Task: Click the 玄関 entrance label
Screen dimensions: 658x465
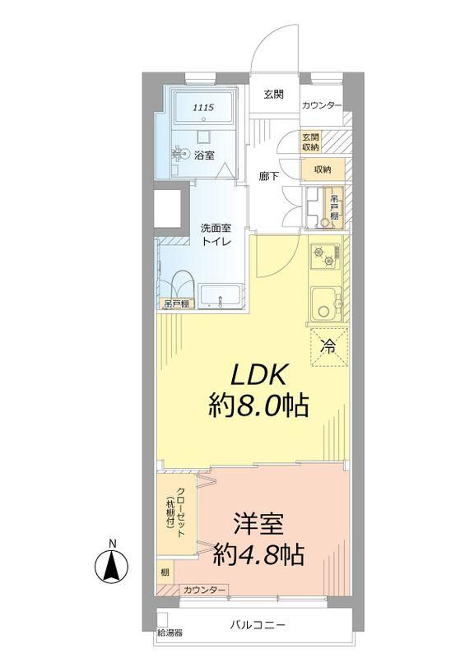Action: [274, 95]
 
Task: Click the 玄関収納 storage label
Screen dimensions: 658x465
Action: [310, 141]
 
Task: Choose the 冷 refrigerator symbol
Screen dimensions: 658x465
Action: [328, 346]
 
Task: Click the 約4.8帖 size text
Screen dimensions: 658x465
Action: [258, 554]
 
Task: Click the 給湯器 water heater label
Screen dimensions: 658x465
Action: [170, 634]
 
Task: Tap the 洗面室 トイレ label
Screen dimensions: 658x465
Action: [216, 234]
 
